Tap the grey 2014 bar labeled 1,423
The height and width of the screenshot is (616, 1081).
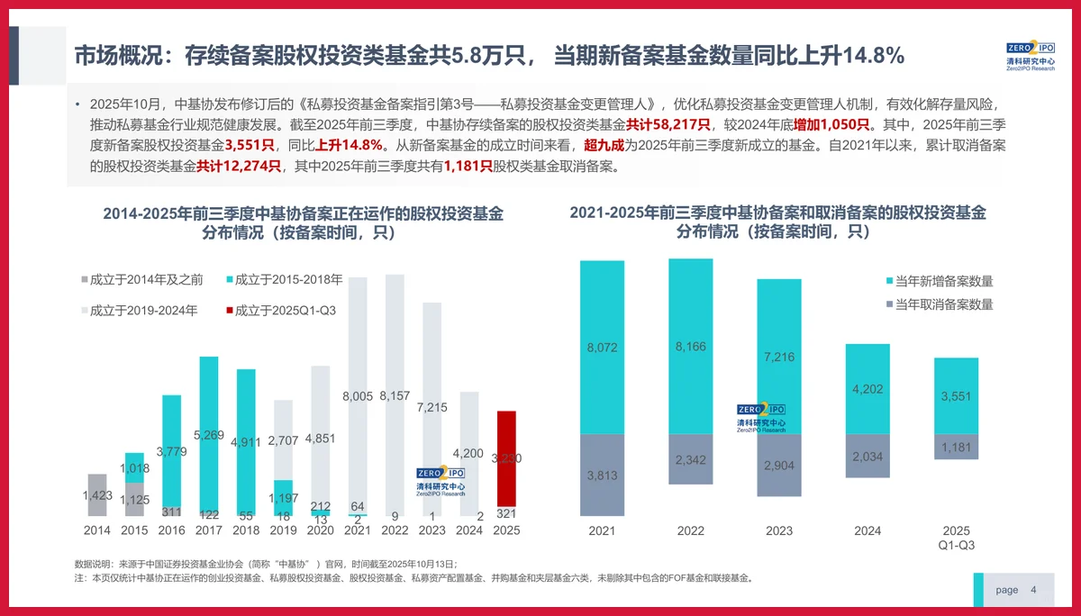point(97,494)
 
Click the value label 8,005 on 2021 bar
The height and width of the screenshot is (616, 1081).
point(358,396)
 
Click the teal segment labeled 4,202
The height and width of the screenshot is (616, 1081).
point(868,390)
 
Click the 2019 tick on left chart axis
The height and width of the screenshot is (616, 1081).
point(283,531)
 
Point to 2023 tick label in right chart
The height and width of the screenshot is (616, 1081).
point(779,531)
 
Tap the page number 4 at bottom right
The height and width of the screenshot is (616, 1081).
point(1033,590)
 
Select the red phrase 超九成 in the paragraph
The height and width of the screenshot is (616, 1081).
point(604,146)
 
